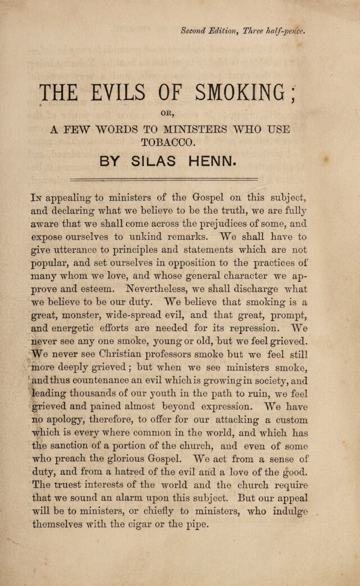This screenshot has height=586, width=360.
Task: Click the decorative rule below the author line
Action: click(x=163, y=180)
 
